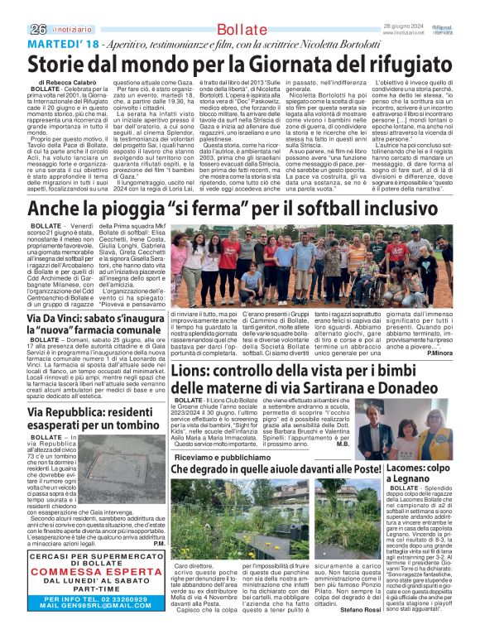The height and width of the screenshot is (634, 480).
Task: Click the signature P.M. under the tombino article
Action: [158, 544]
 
